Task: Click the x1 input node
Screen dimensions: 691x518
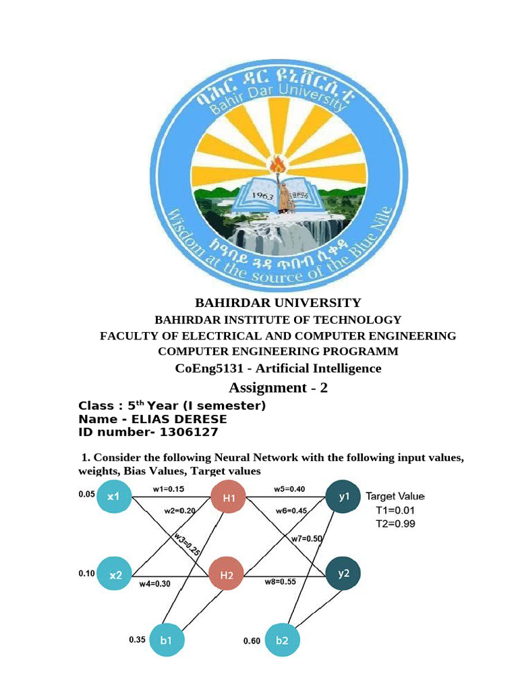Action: tap(114, 497)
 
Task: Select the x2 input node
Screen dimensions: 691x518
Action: tap(115, 575)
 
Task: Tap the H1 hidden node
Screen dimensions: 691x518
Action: tap(229, 498)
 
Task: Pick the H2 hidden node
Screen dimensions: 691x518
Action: tap(226, 576)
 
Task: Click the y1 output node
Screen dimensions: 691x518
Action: tap(344, 497)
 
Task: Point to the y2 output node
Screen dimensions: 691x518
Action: tap(343, 574)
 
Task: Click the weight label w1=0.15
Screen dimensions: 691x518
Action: tap(169, 489)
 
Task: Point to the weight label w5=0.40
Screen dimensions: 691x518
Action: tap(289, 489)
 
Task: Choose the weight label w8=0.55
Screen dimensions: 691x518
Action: tap(281, 581)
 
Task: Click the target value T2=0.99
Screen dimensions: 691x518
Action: tap(395, 524)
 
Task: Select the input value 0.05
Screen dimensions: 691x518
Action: tap(86, 494)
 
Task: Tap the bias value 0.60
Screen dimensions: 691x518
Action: tap(252, 641)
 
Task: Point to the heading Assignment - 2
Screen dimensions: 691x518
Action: tap(278, 387)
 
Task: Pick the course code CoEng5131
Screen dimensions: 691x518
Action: tap(204, 368)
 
